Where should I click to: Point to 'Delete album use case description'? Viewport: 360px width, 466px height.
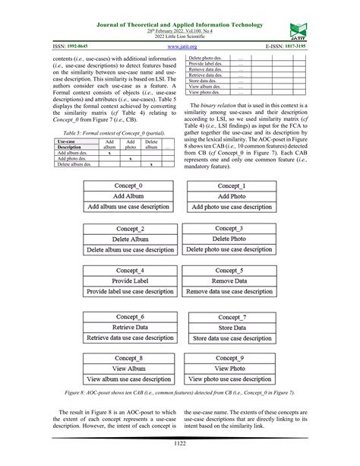pos(128,249)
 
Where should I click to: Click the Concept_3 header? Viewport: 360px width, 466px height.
pos(231,228)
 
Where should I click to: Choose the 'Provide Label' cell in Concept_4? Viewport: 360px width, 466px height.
pos(128,281)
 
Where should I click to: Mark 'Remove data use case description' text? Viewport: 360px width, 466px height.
pos(231,291)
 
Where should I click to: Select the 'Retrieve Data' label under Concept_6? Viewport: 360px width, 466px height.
pos(128,327)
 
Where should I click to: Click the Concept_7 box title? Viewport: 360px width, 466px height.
pos(231,316)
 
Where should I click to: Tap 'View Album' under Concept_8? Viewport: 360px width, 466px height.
pos(128,368)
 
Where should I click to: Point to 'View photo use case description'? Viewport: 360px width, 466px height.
pos(231,379)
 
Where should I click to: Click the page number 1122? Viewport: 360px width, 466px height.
pos(180,444)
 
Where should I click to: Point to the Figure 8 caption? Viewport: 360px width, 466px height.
pos(180,392)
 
